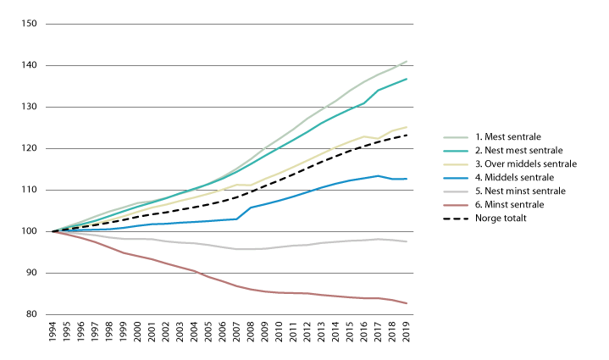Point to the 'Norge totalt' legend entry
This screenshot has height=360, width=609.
tap(501, 218)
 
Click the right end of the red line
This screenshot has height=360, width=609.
tap(407, 303)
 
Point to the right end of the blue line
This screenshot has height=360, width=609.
tap(407, 180)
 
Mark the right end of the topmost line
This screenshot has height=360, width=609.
tap(407, 61)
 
